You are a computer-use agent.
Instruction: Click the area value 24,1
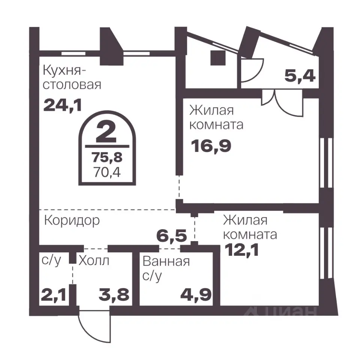pyautogui.click(x=63, y=105)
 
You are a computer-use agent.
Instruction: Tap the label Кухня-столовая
pyautogui.click(x=72, y=77)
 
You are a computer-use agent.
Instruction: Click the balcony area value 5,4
pyautogui.click(x=300, y=77)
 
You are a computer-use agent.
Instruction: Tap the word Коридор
pyautogui.click(x=72, y=220)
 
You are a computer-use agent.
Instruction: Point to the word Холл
pyautogui.click(x=94, y=260)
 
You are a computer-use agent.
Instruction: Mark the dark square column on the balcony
pyautogui.click(x=217, y=58)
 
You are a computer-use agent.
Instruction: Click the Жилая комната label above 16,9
pyautogui.click(x=216, y=117)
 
